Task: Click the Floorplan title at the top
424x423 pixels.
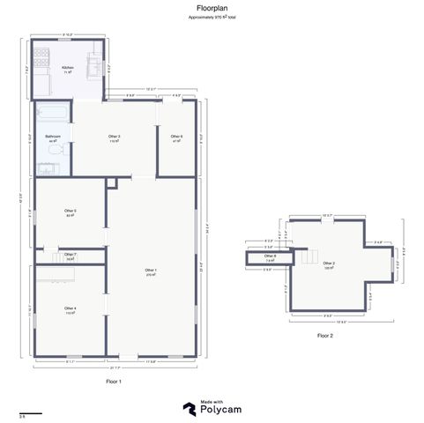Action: [212, 8]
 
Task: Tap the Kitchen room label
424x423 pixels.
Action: [67, 68]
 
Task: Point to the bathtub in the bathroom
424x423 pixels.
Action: [48, 113]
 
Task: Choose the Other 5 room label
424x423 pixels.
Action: [70, 211]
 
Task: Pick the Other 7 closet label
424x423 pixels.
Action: [70, 256]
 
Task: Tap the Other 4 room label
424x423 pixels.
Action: [70, 308]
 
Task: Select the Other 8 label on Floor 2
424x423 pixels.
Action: [270, 257]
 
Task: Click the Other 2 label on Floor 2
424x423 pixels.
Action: [329, 263]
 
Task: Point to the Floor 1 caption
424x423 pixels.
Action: [113, 381]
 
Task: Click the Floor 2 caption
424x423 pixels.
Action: [325, 335]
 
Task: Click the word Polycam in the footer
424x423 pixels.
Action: [220, 410]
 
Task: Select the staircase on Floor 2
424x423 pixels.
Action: [309, 259]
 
